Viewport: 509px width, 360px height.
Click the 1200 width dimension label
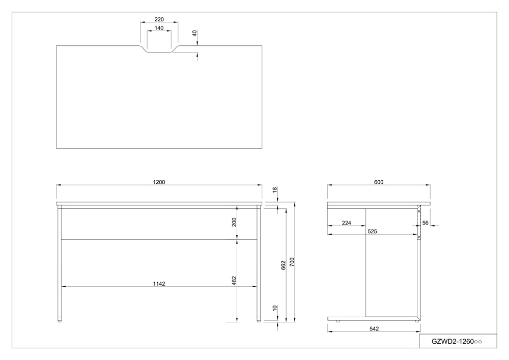[159, 182]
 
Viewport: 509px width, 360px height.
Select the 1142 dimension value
[159, 284]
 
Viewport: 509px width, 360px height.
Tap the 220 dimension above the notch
[159, 19]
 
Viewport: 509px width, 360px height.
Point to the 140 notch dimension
[159, 28]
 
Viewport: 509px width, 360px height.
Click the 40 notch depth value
[195, 33]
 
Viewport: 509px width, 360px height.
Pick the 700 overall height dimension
[292, 262]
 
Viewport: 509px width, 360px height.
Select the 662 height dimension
[283, 265]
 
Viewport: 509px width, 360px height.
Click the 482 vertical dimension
[234, 281]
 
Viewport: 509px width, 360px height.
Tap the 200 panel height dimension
[234, 222]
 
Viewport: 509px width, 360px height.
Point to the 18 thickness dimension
[275, 190]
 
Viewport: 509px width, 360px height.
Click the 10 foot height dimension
[275, 308]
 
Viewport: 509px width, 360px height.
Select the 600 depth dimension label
[379, 182]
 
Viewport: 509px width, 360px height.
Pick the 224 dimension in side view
[347, 223]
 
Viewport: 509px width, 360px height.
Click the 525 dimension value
[373, 232]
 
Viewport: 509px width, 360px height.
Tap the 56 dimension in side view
[425, 223]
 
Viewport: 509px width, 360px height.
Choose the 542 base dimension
[374, 329]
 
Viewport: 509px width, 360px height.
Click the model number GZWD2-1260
[453, 342]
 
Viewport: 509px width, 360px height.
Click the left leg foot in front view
[60, 319]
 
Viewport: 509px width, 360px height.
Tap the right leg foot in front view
[259, 319]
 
